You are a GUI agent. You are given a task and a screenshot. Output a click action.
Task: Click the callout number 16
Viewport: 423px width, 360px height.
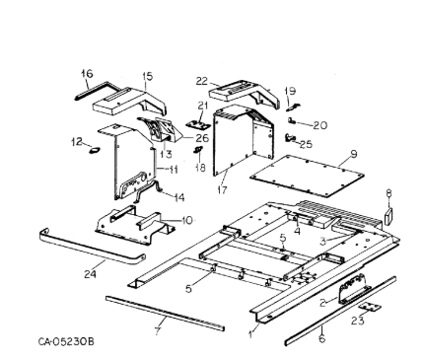click(87, 74)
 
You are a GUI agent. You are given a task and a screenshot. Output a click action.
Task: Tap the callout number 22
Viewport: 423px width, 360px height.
click(202, 81)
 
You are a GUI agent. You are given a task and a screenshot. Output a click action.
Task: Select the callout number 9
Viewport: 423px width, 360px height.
click(353, 154)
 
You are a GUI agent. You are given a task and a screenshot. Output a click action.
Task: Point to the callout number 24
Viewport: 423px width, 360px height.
click(90, 273)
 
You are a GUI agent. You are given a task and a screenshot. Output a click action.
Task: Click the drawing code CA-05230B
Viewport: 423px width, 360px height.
click(66, 341)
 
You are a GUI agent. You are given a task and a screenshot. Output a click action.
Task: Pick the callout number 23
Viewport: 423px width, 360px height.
click(358, 321)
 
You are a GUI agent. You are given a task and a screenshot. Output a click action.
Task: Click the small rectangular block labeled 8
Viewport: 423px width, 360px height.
click(388, 216)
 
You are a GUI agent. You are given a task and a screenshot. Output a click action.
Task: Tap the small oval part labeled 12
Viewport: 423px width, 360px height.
click(95, 150)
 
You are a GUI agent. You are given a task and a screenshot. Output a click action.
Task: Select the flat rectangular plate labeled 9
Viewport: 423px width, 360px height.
click(307, 176)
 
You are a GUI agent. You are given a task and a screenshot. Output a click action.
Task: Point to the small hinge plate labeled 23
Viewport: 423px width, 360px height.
click(370, 307)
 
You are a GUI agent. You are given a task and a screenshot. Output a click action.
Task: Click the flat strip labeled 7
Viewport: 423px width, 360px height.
click(166, 314)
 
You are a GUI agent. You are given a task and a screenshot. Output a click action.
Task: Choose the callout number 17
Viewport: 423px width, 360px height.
click(222, 189)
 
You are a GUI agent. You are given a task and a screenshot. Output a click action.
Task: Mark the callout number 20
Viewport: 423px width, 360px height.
click(319, 125)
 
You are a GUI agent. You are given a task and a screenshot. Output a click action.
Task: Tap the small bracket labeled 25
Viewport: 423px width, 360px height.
click(290, 138)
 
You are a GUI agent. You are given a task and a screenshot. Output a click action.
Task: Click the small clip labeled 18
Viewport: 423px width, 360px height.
click(198, 150)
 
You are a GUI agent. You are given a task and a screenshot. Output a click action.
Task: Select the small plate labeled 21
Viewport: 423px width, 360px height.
click(197, 125)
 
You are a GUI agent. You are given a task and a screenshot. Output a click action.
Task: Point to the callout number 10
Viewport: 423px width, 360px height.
click(186, 220)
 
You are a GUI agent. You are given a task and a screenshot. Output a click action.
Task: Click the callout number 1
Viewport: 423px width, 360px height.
click(251, 334)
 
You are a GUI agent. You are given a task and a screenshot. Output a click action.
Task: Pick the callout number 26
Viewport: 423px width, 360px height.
click(202, 138)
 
